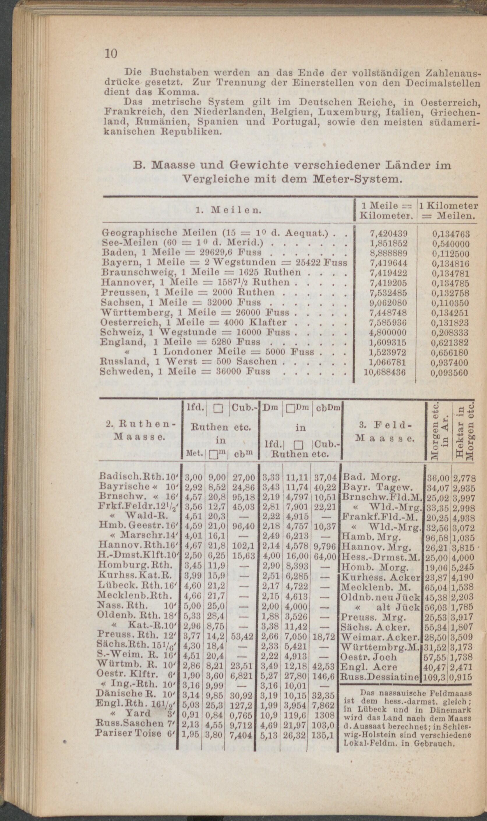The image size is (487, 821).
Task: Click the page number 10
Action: [111, 54]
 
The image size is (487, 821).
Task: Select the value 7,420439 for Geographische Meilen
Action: [389, 234]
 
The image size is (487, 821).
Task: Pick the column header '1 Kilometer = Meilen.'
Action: [448, 211]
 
